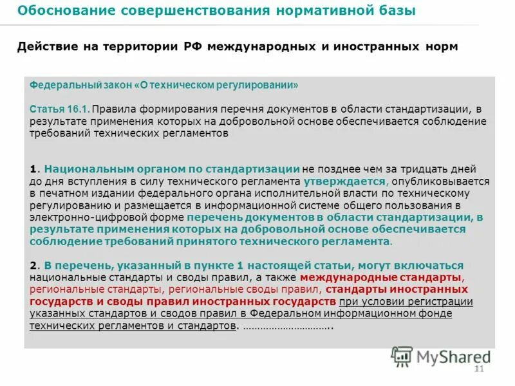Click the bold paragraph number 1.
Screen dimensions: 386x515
click(x=33, y=169)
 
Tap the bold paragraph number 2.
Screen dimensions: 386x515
click(x=33, y=266)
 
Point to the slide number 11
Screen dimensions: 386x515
click(x=478, y=369)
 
